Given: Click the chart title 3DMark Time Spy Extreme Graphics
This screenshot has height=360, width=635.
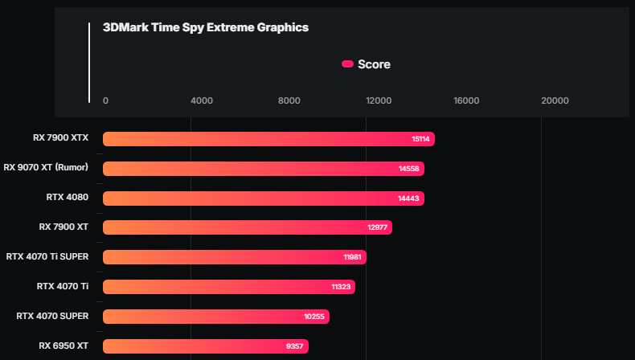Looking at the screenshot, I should coord(206,27).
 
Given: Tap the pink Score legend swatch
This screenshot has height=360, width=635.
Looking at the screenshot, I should coord(347,64).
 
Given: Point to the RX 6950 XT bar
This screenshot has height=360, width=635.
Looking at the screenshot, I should coord(205,346).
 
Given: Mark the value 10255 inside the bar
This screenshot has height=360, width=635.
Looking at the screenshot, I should coord(314,317).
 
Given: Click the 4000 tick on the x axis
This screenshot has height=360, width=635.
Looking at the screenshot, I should coord(201,100).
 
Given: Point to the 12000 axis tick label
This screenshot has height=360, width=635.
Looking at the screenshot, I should coord(379,100).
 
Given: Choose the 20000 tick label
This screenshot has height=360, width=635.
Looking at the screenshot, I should coord(555,100).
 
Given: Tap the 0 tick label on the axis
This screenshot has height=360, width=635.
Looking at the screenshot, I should coord(105,100).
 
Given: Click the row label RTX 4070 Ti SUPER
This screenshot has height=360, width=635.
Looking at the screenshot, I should coord(47,256).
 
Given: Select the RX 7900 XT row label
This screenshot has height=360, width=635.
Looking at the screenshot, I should coord(63,227).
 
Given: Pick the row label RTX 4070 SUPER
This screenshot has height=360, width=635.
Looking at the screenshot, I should coord(52,316).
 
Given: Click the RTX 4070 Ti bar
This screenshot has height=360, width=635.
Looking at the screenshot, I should coord(228,287).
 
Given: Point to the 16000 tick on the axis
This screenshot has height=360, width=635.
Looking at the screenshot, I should coord(466,100).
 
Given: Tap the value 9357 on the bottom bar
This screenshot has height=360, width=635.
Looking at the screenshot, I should coord(294,346).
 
